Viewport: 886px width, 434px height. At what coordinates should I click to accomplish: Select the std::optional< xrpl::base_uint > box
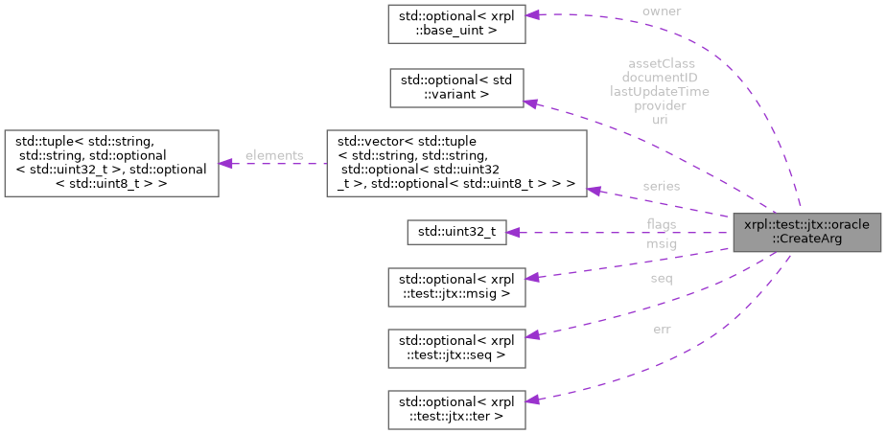456,22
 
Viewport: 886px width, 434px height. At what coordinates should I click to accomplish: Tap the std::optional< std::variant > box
456,87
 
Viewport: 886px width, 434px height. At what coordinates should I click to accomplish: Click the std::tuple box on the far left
111,163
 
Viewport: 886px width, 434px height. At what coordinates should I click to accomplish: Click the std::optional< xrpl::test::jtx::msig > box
456,286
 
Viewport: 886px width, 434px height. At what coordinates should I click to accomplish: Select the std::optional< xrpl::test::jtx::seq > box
456,345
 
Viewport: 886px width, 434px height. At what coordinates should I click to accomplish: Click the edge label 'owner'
662,11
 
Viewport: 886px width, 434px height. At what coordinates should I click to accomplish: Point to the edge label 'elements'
273,155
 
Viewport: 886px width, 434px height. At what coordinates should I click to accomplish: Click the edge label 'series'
662,186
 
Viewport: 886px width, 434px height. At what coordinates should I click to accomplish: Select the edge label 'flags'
662,224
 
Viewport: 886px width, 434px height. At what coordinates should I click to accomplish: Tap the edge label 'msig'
662,243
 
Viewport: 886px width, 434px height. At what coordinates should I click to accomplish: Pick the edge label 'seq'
662,279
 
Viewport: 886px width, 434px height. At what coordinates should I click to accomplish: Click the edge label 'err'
662,330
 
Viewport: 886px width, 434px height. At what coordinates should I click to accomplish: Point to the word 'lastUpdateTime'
660,91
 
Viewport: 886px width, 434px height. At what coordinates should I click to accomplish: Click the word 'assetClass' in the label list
662,63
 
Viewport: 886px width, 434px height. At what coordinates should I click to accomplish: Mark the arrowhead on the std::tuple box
225,163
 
